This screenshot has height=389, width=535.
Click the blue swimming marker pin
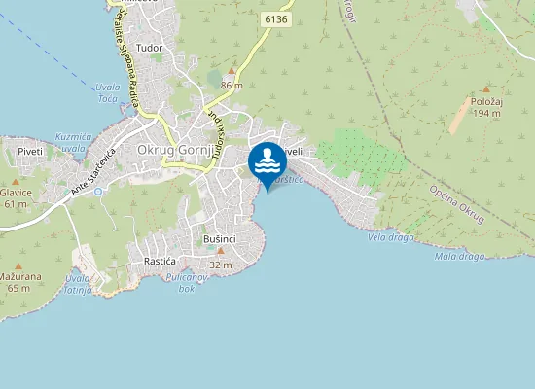(x=267, y=163)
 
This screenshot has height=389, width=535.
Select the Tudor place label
(x=150, y=47)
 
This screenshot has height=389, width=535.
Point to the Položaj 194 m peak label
(x=483, y=108)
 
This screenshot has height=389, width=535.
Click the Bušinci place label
(x=220, y=238)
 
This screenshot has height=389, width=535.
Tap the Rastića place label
(x=159, y=262)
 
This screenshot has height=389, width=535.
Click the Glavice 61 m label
(x=16, y=198)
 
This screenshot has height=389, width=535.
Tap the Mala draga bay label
(x=459, y=257)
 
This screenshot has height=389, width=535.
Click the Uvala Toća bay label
(x=107, y=93)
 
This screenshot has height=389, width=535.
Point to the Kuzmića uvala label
(x=73, y=142)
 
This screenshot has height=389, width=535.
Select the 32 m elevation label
(x=221, y=265)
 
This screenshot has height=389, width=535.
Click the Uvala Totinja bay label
(x=78, y=286)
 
